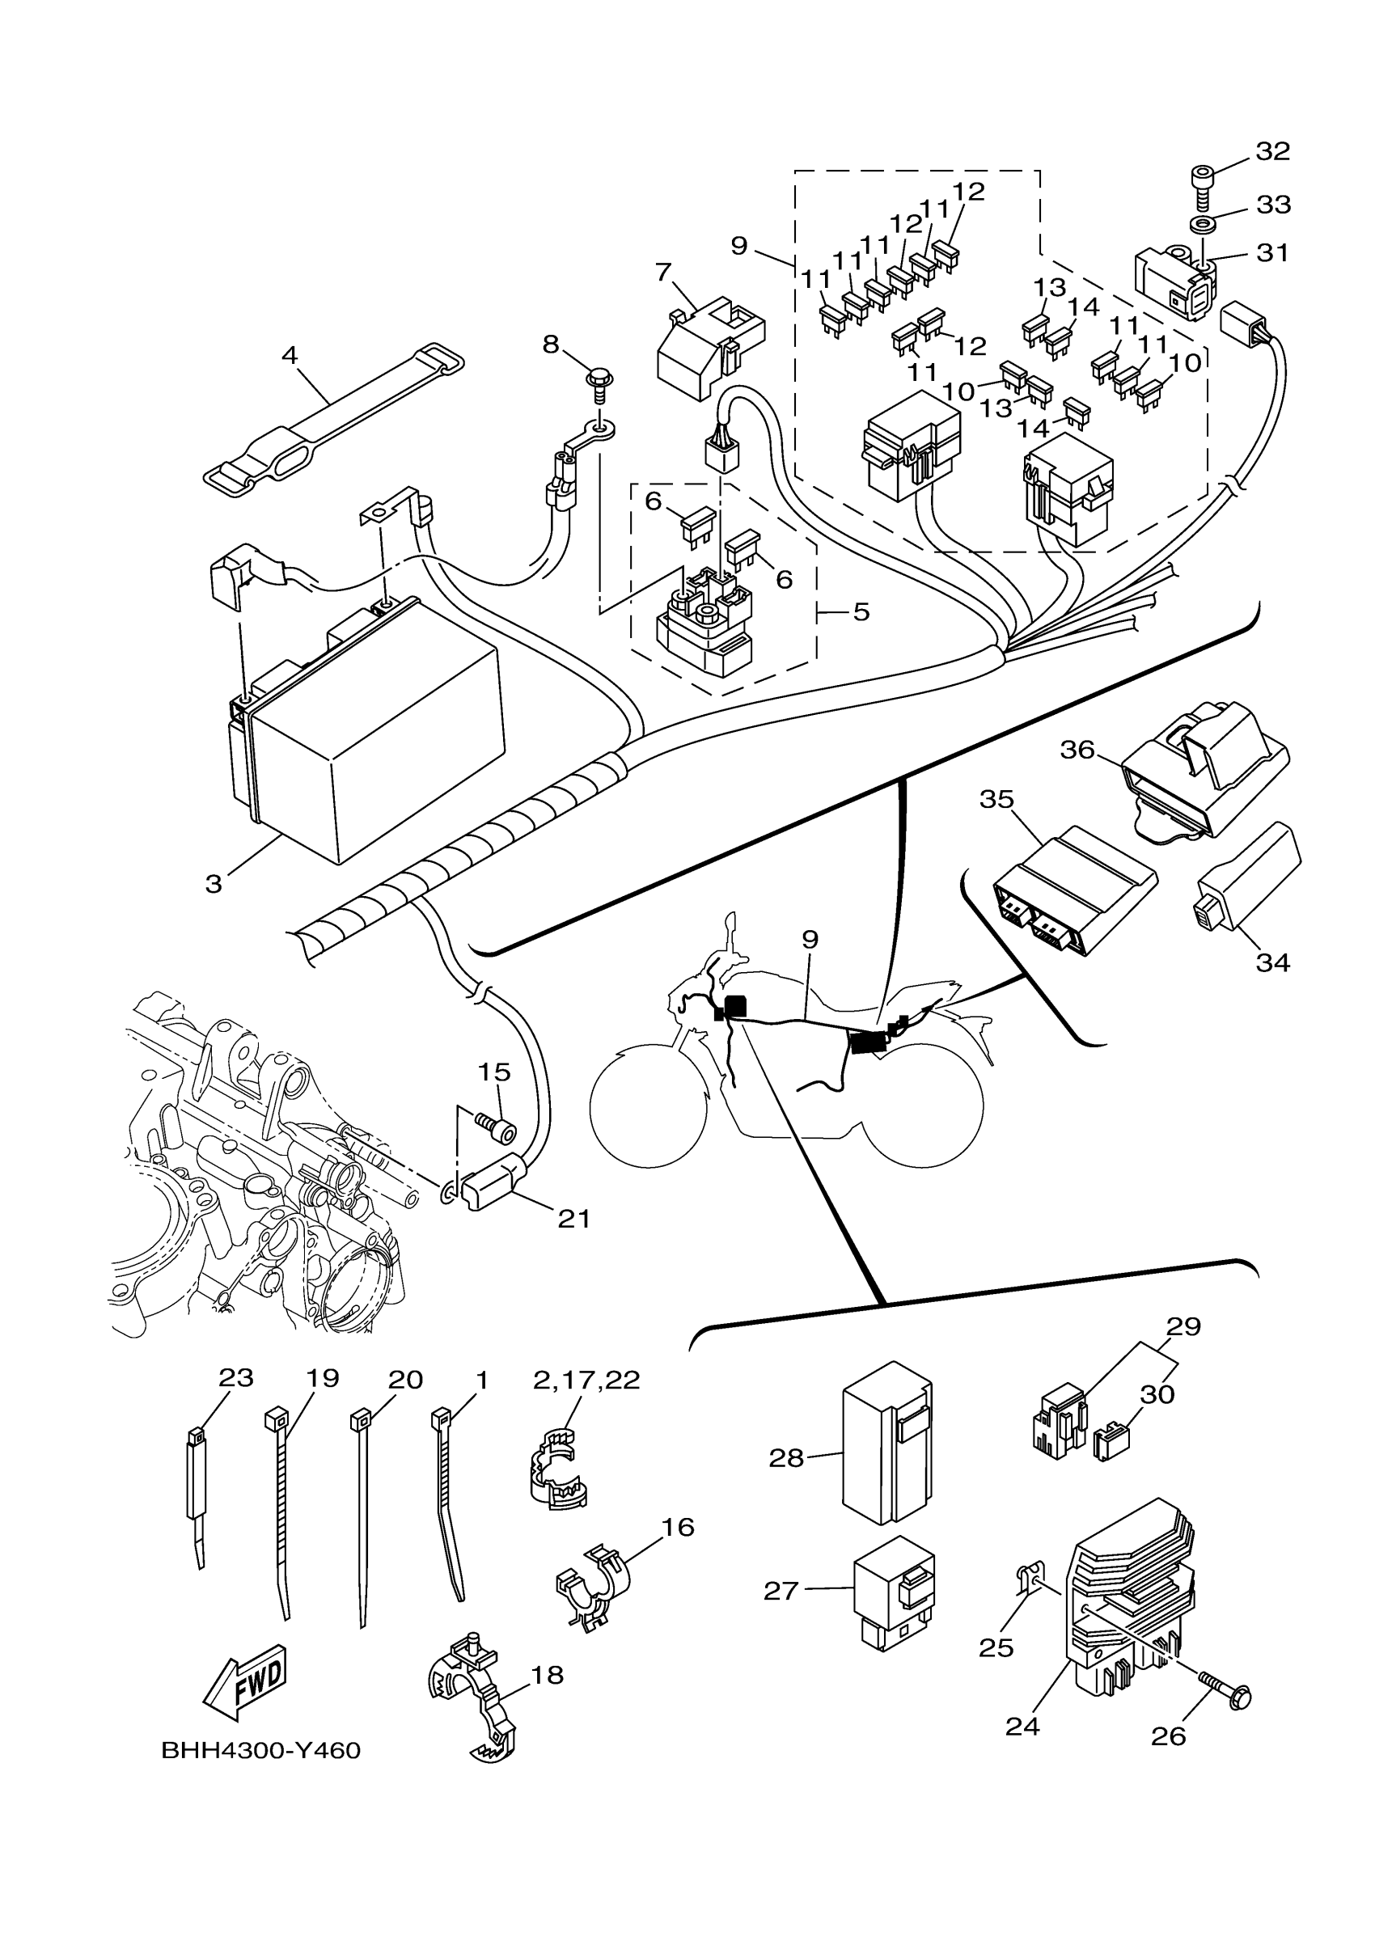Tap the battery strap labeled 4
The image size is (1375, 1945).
coord(335,418)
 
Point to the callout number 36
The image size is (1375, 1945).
coord(1077,750)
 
